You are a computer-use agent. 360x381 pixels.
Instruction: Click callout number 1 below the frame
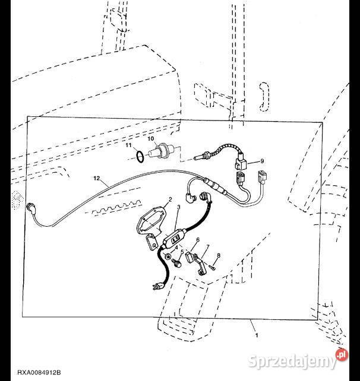pos(257,336)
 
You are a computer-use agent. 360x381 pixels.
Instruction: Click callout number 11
pos(128,145)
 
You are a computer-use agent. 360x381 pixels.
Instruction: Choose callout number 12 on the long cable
pos(96,177)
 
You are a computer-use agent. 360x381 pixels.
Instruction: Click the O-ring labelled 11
pos(138,155)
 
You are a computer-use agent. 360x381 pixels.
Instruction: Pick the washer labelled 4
pos(168,256)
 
